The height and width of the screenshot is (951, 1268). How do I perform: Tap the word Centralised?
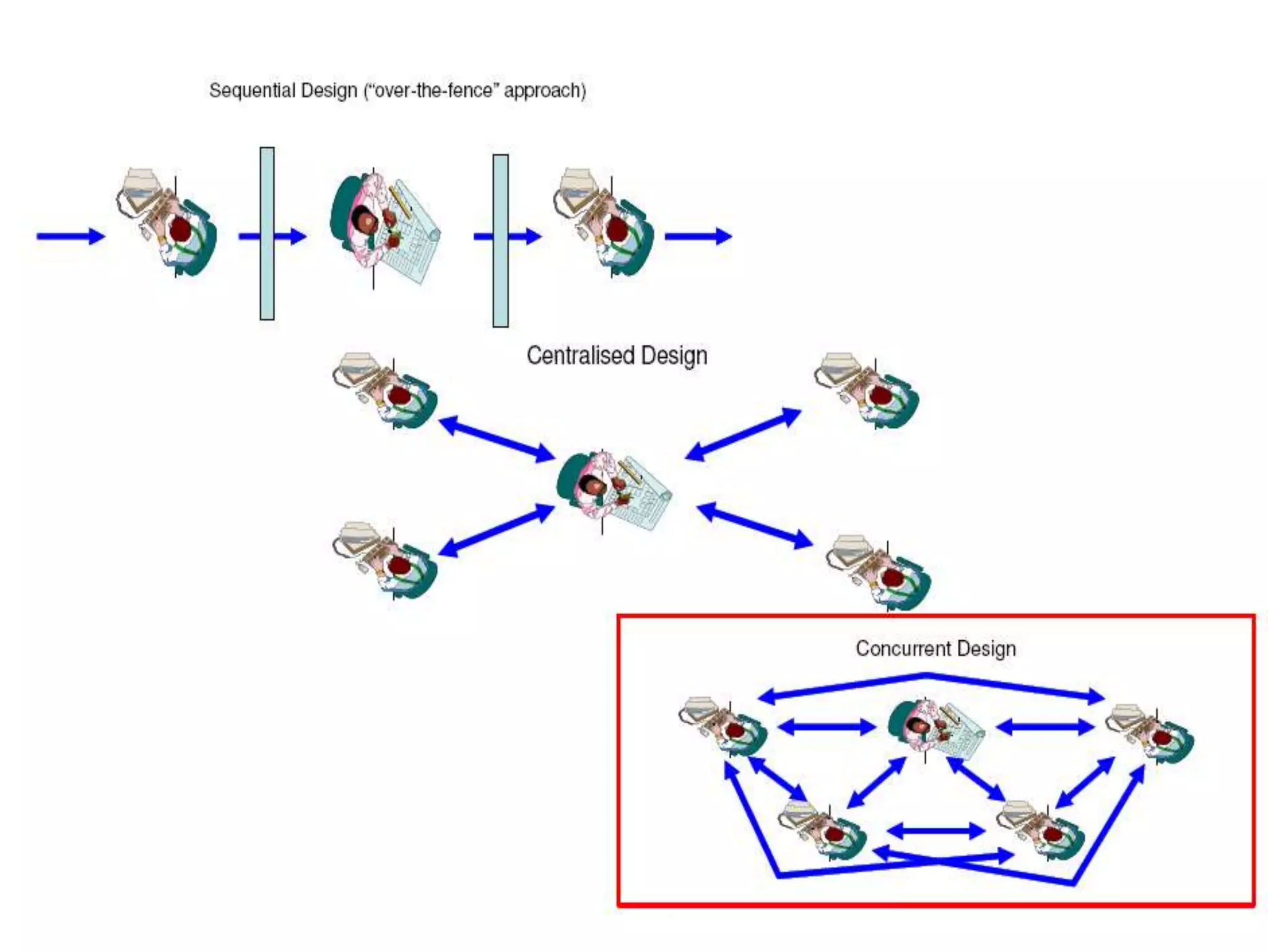[581, 356]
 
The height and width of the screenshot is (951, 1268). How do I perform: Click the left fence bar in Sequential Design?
[267, 233]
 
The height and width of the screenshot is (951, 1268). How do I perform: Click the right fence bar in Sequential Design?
[500, 241]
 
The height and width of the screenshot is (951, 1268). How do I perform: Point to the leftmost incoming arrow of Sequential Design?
[70, 236]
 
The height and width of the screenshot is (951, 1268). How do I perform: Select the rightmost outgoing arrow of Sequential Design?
[698, 236]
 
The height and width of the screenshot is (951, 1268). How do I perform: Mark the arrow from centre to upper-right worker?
[743, 434]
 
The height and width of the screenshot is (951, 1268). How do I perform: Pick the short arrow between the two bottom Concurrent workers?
[936, 831]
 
